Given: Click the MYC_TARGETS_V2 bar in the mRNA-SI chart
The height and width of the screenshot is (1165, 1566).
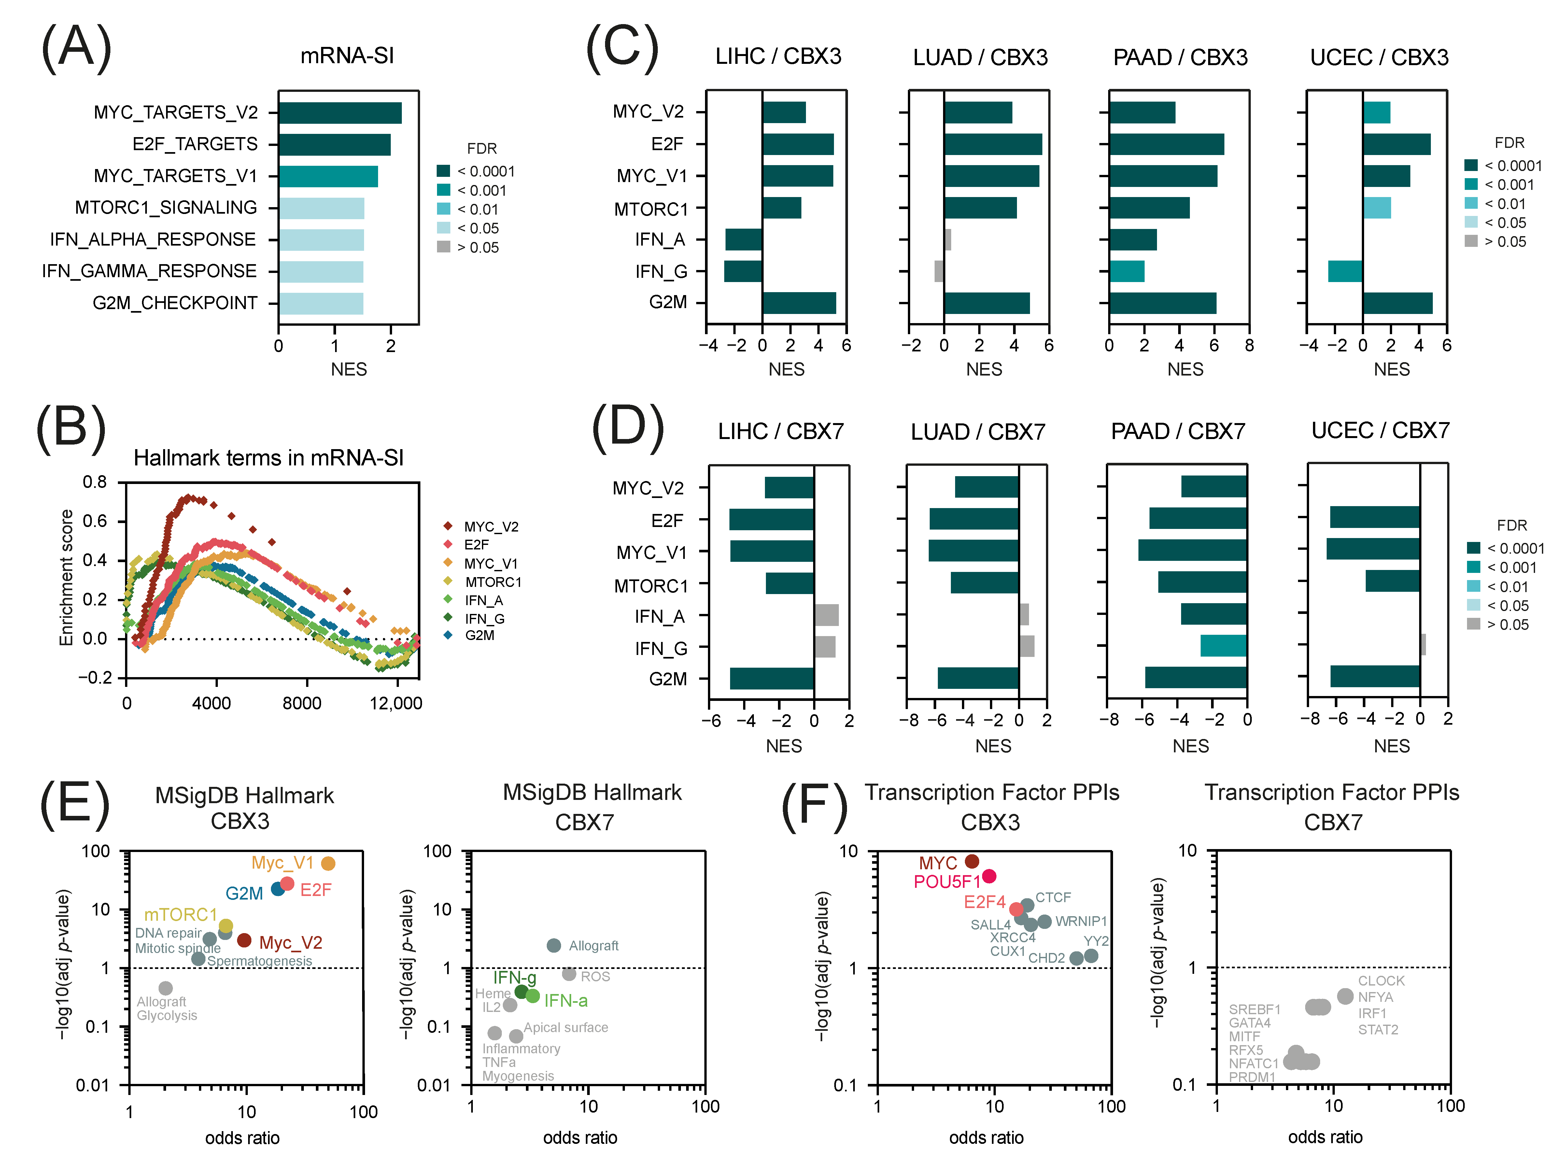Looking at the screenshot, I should point(340,113).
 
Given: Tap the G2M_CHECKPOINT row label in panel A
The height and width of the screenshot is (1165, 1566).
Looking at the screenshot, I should point(175,303).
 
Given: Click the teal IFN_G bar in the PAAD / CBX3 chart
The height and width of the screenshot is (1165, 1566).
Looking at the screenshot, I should point(1127,272).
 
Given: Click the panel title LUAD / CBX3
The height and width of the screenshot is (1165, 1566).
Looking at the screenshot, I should point(980,57).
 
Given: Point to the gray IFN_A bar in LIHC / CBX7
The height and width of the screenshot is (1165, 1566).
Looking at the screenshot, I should point(826,615).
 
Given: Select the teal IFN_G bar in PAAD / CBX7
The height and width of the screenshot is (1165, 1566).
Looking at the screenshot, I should point(1223,645).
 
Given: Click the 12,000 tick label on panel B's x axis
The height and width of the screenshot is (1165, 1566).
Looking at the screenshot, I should point(396,703).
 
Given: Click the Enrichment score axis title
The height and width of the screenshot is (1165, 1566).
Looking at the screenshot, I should point(66,577).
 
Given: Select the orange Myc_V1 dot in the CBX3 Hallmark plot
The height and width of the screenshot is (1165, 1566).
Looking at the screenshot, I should point(328,863).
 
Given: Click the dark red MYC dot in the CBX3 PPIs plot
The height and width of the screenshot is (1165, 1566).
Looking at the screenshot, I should point(972,861).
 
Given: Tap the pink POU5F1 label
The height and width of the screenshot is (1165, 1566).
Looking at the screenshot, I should point(947,882).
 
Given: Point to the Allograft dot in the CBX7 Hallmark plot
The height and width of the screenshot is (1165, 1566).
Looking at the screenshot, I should point(554,945).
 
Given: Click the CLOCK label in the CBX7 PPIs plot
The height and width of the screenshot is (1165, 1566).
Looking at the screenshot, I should point(1381,981).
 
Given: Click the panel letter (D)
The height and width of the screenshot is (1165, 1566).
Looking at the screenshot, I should point(628,429).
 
